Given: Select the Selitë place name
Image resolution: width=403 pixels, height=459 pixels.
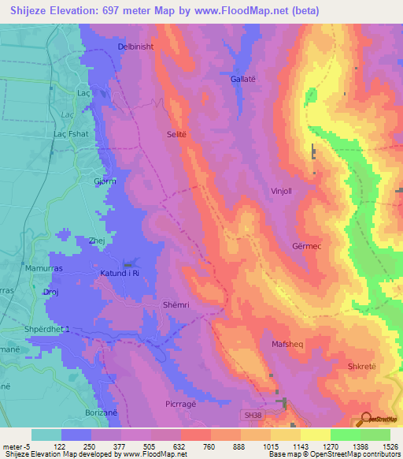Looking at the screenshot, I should [176, 135].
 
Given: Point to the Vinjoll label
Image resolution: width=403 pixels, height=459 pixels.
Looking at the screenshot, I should [282, 190].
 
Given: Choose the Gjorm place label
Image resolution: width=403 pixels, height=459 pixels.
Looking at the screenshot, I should [105, 181].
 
